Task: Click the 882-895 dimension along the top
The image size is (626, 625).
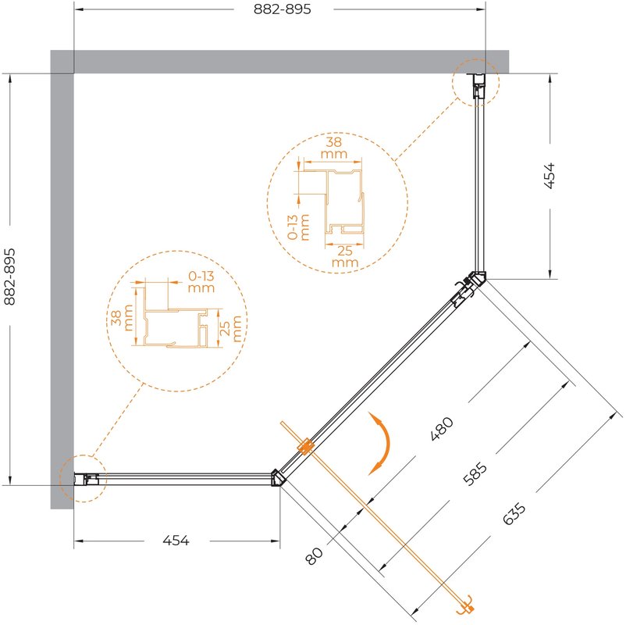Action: [x=283, y=9]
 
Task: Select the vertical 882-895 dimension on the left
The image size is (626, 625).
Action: [x=9, y=276]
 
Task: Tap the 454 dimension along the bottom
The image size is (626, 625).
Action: [x=176, y=541]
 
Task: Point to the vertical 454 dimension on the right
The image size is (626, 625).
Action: [x=550, y=176]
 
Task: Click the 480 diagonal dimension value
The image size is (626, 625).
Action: [x=442, y=429]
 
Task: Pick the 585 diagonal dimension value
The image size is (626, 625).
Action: [x=476, y=474]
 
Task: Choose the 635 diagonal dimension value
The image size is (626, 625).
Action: [x=514, y=513]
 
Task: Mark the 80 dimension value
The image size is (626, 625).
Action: [x=315, y=555]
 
